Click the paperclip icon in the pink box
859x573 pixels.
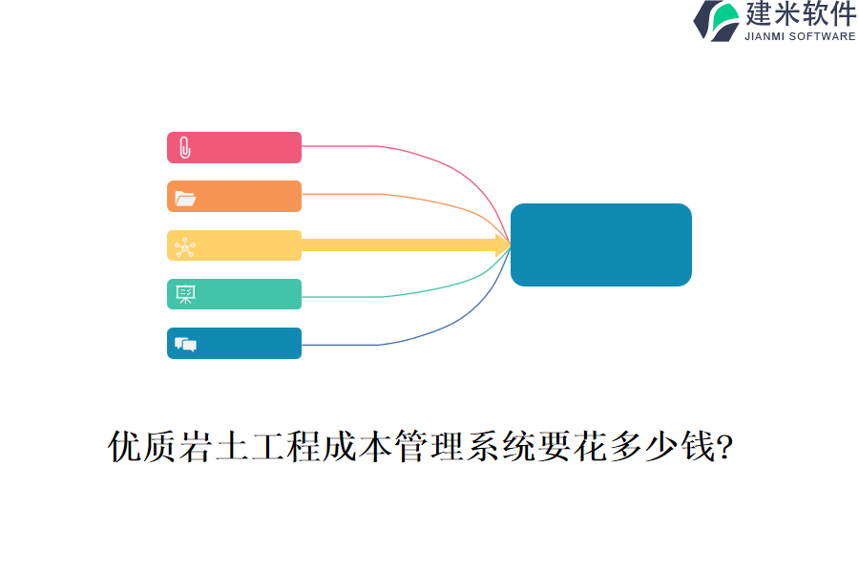[x=185, y=148]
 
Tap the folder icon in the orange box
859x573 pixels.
[x=185, y=198]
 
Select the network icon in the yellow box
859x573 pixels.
[x=185, y=247]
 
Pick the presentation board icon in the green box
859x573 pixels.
[x=185, y=294]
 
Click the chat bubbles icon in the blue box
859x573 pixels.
[x=185, y=344]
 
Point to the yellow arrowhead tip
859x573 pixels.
[x=508, y=244]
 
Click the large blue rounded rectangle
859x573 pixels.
[x=601, y=244]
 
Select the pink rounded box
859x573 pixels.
[x=248, y=147]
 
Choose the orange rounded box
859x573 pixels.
[x=248, y=196]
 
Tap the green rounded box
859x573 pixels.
[x=248, y=294]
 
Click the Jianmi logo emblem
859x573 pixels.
[x=717, y=20]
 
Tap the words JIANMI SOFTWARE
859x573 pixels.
[x=800, y=36]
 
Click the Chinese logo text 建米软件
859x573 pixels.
[x=800, y=14]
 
